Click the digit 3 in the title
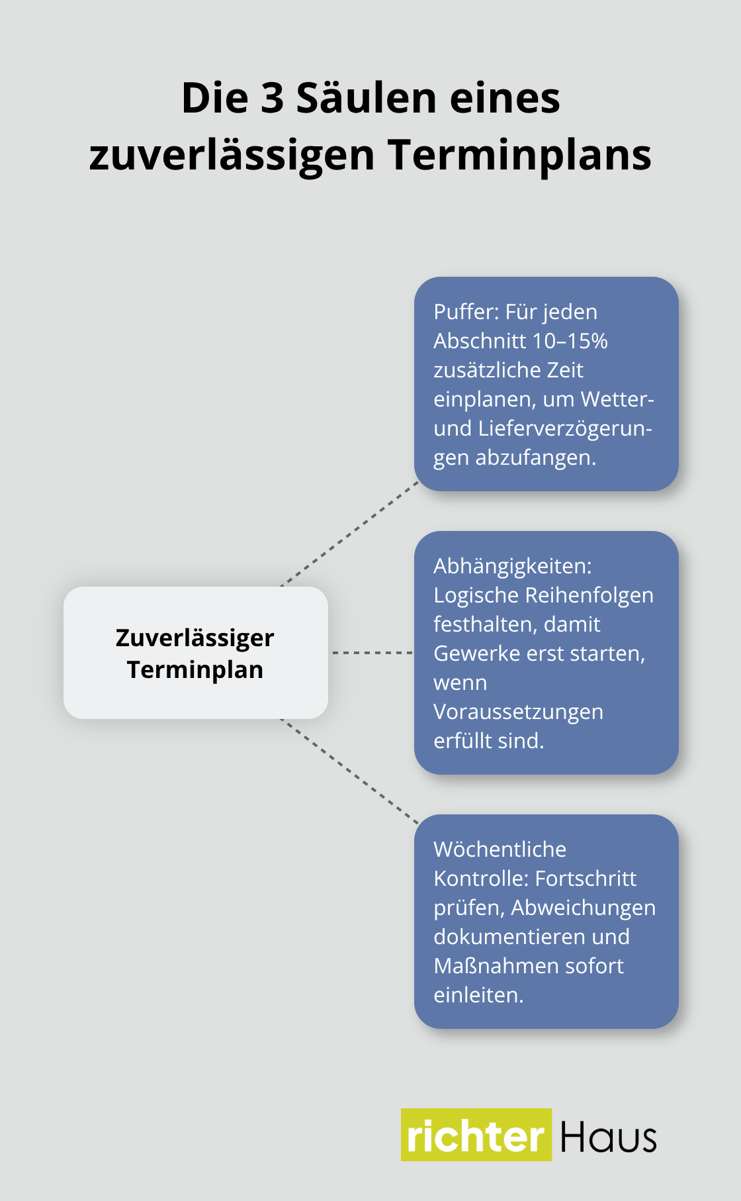pos(272,99)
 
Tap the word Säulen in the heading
pos(366,99)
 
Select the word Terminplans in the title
pos(519,156)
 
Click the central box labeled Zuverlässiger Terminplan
pos(196,653)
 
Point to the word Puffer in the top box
pos(464,312)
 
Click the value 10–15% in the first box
pos(570,341)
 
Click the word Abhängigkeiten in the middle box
pos(511,566)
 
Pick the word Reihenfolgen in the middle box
pos(589,595)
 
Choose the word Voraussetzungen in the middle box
pos(518,712)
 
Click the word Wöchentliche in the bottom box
pos(500,849)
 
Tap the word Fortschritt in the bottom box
pos(585,879)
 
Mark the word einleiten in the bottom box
pos(477,995)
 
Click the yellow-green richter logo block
pos(476,1135)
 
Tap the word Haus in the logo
pos(608,1137)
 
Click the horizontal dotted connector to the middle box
pos(371,653)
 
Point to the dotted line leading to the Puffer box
pos(351,533)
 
